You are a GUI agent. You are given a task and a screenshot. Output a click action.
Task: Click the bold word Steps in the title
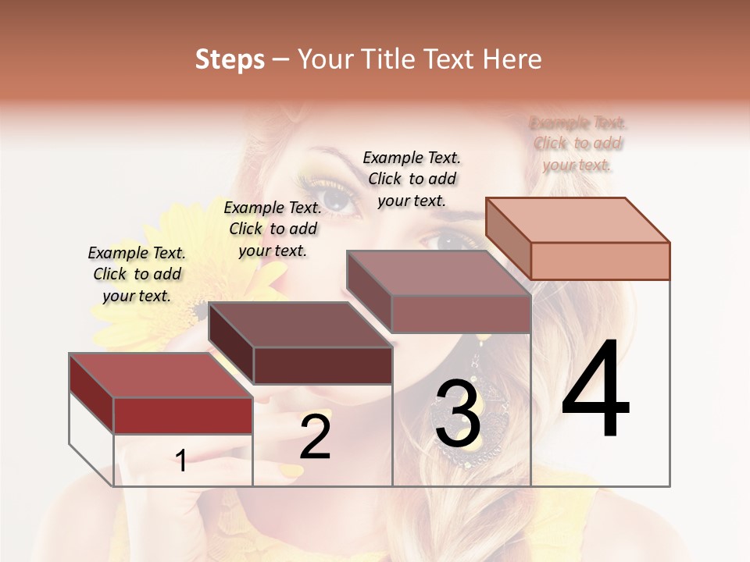click(230, 60)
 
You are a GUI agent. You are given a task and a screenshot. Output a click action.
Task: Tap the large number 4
click(595, 389)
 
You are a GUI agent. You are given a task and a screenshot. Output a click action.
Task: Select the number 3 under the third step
click(457, 414)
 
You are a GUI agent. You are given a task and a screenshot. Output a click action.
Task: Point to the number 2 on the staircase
click(315, 438)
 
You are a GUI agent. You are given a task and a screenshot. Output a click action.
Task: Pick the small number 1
click(181, 461)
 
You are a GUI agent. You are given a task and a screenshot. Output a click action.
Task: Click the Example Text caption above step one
click(137, 274)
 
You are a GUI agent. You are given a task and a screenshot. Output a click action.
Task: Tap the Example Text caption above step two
click(273, 229)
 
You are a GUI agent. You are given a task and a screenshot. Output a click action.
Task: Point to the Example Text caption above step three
click(412, 179)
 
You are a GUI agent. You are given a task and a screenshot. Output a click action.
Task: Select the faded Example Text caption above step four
click(577, 144)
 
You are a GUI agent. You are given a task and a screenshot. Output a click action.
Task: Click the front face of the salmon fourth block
click(600, 261)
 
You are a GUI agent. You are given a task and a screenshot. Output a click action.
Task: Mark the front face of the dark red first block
click(183, 415)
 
